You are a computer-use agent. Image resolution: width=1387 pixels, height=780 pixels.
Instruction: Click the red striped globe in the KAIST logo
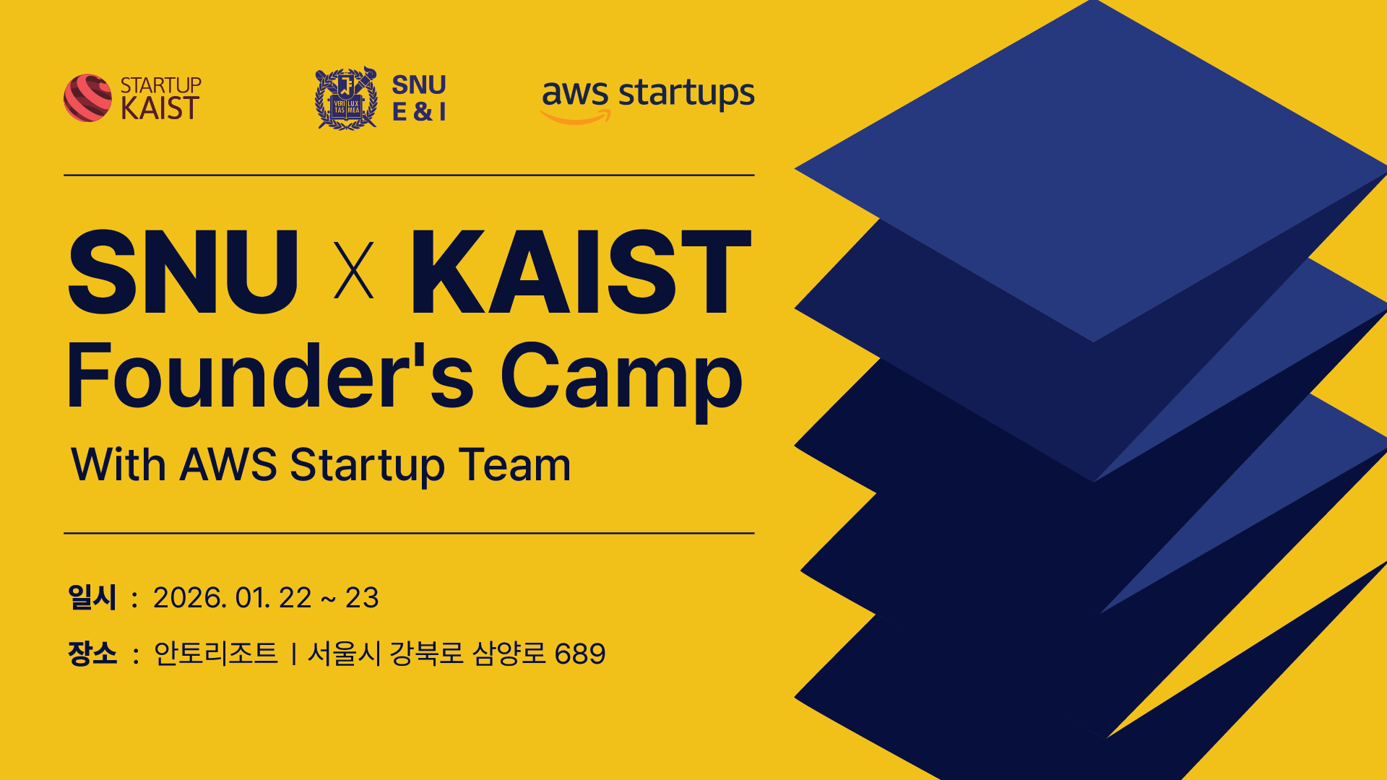point(87,97)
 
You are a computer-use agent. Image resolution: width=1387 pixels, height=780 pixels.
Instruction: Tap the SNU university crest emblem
point(347,98)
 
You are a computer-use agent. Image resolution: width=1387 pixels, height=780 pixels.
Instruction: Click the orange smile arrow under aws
point(576,117)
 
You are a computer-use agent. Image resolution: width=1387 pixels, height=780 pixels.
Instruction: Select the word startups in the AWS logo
point(686,94)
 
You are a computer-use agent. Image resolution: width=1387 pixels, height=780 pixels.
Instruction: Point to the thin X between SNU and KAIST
point(354,271)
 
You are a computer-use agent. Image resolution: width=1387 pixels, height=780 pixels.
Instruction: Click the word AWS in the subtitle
point(228,464)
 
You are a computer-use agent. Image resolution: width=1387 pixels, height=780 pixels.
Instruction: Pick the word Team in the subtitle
point(514,464)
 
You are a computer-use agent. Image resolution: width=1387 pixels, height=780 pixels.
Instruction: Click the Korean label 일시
point(92,597)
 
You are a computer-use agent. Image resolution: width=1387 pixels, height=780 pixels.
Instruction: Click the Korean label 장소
point(92,654)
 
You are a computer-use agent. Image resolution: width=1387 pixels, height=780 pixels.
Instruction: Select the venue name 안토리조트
point(215,654)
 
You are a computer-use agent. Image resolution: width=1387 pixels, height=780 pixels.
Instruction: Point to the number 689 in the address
point(580,654)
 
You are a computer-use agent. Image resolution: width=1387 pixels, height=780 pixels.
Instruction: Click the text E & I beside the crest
point(419,112)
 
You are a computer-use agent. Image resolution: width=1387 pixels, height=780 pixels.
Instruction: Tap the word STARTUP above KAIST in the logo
point(160,85)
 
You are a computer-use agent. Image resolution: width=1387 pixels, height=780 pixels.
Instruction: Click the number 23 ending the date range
point(362,598)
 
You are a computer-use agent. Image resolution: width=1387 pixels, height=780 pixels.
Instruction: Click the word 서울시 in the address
point(344,654)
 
